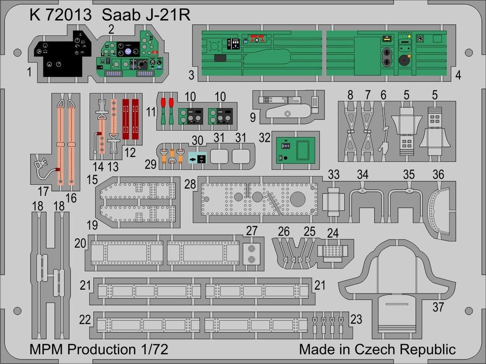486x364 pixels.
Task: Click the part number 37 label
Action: tap(438, 307)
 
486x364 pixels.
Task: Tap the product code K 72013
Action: tap(60, 15)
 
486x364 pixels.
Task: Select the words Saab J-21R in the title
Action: tap(146, 15)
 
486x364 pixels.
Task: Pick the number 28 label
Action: tap(190, 184)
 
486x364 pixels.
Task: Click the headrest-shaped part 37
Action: tap(396, 282)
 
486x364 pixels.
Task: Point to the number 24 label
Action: tap(332, 233)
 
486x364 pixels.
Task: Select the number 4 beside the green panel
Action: tap(459, 75)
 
